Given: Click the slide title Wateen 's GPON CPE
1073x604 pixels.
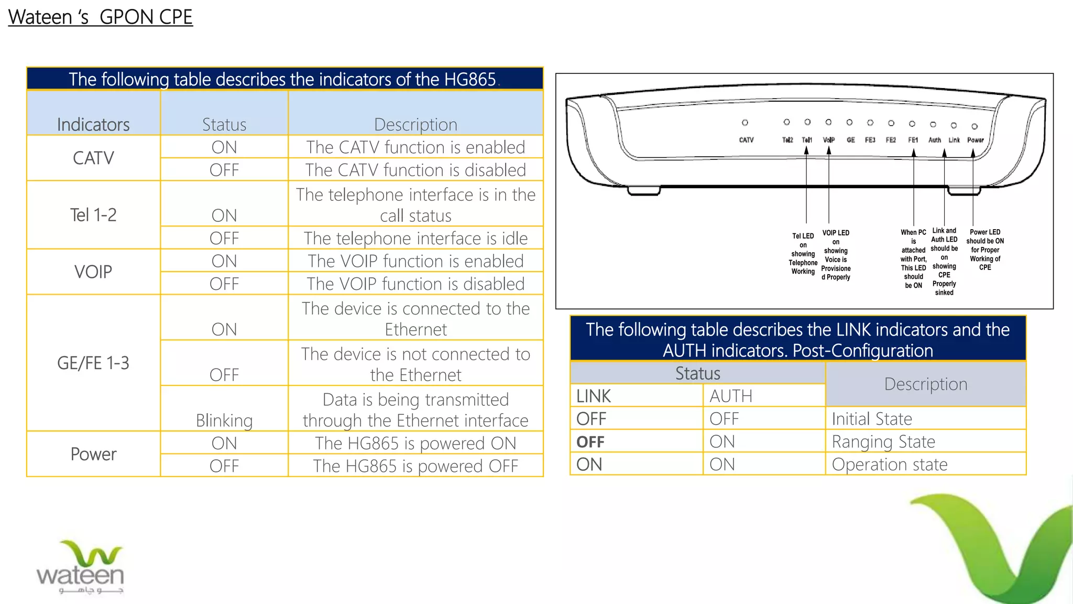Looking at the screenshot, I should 100,17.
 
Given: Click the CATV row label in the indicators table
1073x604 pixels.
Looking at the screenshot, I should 93,158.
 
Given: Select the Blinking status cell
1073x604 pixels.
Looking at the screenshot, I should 224,420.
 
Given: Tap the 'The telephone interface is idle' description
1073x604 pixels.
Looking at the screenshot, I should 415,238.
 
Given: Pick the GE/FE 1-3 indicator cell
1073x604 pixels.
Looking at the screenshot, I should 93,363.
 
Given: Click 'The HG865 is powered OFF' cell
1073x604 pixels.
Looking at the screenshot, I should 415,466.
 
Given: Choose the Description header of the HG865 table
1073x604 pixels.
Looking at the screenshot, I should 415,124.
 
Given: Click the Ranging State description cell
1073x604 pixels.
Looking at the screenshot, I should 883,441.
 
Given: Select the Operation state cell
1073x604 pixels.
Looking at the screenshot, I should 890,464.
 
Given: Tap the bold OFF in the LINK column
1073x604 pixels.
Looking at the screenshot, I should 590,442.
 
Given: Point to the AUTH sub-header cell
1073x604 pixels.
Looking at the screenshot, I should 731,396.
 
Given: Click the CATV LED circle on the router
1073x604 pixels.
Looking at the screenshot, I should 744,123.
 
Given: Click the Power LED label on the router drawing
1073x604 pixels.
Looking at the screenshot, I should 975,140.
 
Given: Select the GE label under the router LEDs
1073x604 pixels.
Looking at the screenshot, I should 850,140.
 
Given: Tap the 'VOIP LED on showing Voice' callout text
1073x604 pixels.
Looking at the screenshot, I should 836,255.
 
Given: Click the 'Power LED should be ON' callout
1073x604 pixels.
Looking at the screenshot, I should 985,250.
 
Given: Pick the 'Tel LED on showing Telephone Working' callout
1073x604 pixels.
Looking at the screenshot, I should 803,254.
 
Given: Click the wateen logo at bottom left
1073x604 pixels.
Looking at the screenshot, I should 80,568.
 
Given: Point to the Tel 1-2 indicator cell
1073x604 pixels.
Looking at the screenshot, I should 93,215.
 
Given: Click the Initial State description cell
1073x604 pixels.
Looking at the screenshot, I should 872,418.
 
